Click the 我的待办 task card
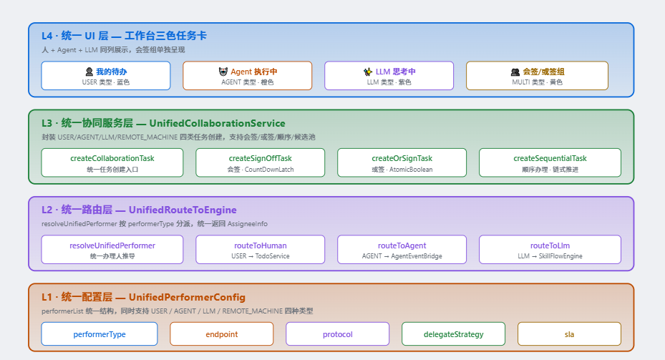(106, 76)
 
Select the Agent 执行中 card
(247, 76)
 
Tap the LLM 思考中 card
(389, 76)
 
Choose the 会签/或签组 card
(537, 76)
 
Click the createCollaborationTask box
(112, 163)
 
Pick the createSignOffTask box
(260, 163)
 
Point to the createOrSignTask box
(402, 163)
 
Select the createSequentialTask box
(550, 163)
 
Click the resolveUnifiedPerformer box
(112, 250)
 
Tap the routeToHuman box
(260, 250)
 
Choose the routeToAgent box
(402, 250)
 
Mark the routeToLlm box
(550, 250)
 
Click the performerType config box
(99, 334)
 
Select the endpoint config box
(221, 334)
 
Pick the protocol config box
(337, 334)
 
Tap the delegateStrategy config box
(453, 334)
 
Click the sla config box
(569, 334)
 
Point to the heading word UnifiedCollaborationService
(217, 123)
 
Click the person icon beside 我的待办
(89, 72)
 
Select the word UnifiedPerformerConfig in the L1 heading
(187, 297)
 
